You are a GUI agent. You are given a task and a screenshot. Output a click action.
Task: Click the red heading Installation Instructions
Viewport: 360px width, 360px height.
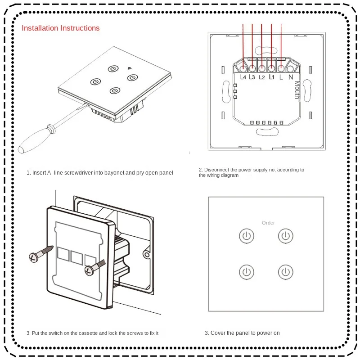[x=61, y=28]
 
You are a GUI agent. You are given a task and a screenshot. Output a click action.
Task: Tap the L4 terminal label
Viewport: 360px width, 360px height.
[x=243, y=77]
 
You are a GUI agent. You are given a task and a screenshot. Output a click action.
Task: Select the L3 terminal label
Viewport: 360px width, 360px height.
[x=253, y=77]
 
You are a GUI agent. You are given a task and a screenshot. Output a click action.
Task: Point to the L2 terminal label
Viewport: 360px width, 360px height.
[x=262, y=77]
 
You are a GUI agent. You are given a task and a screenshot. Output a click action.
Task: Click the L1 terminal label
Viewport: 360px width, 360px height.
[x=271, y=77]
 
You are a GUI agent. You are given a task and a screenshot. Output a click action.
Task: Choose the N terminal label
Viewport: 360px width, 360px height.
[x=291, y=77]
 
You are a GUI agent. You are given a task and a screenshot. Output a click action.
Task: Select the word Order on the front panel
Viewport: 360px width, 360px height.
[x=268, y=223]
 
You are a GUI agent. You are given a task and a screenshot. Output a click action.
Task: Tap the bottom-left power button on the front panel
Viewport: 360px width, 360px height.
[x=246, y=272]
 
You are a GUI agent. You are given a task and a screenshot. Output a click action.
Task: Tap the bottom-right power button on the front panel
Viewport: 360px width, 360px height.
[x=286, y=272]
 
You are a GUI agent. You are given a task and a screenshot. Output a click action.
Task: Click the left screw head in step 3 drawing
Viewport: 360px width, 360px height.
[x=33, y=258]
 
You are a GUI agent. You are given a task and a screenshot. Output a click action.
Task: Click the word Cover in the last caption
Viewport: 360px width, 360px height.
[x=218, y=333]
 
